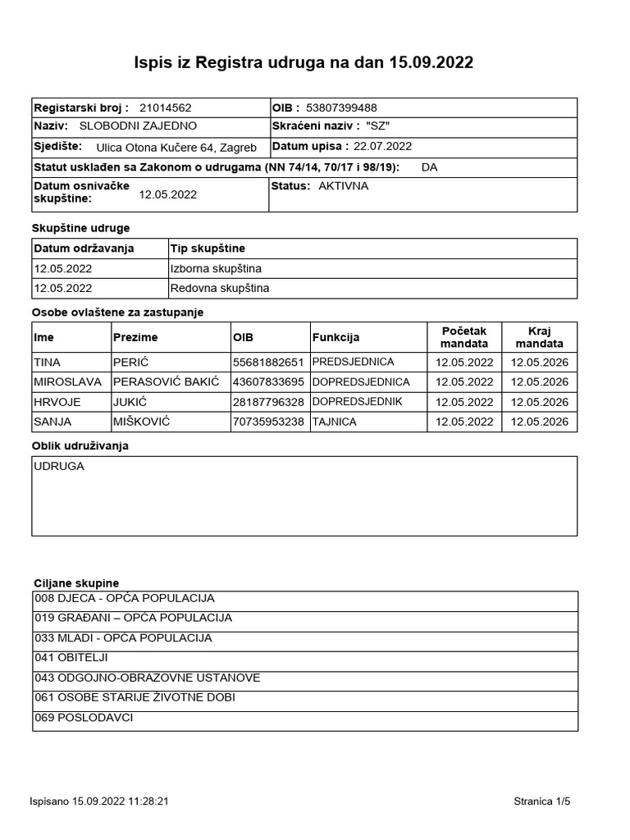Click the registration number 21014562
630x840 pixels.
click(166, 107)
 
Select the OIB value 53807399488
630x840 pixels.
click(341, 107)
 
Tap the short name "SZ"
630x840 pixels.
click(378, 126)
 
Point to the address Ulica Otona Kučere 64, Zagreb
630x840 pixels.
click(176, 148)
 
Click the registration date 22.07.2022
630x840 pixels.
click(382, 146)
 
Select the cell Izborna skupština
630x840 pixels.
click(216, 268)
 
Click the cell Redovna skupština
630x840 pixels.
click(219, 288)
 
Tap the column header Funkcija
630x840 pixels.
click(336, 337)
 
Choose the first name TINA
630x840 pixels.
click(48, 362)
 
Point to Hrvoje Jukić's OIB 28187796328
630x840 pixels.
click(268, 402)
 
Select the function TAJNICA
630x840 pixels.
click(333, 422)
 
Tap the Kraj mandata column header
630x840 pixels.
click(539, 337)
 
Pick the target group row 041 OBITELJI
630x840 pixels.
click(71, 657)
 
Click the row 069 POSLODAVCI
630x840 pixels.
click(84, 718)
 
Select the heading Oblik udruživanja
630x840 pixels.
click(80, 445)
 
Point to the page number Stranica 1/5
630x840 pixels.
click(541, 801)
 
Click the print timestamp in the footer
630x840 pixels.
click(99, 801)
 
